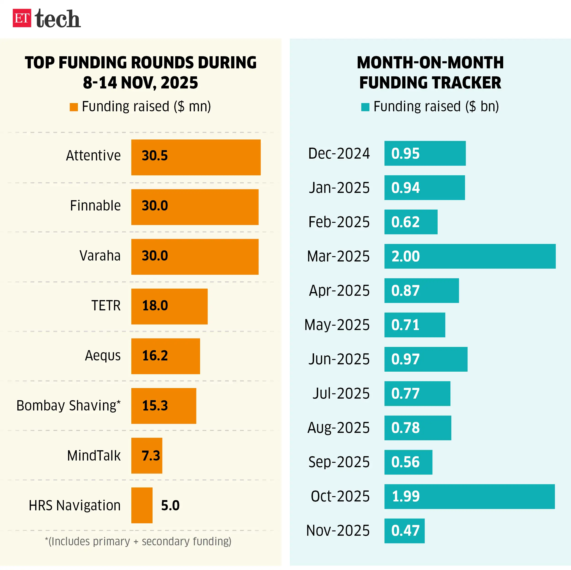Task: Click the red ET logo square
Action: (22, 18)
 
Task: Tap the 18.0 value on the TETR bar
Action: (155, 306)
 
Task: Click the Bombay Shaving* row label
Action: (69, 405)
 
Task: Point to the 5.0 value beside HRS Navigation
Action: (170, 506)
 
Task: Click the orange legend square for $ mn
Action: (74, 107)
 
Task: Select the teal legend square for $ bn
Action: (365, 107)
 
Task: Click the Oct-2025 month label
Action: (340, 496)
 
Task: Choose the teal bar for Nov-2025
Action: (404, 531)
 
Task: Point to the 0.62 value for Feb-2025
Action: (405, 222)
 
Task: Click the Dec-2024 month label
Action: (339, 154)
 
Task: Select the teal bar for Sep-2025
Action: (408, 462)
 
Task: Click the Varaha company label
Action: (100, 256)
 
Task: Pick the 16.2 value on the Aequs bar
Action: (155, 356)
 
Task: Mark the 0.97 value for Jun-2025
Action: (405, 359)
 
